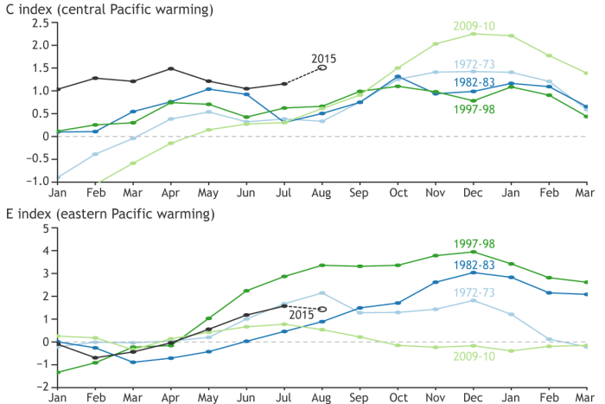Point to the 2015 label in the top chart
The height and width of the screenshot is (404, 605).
point(323,59)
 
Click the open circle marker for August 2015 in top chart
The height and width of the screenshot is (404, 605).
point(322,67)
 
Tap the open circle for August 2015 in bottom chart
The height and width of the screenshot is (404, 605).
point(322,309)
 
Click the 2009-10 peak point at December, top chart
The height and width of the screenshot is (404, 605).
point(473,34)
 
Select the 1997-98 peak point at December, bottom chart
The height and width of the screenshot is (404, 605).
point(473,252)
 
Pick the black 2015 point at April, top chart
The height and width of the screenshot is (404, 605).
point(171,68)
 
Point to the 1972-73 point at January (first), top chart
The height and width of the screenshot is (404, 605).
point(57,177)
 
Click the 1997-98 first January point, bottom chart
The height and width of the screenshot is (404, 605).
point(57,372)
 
